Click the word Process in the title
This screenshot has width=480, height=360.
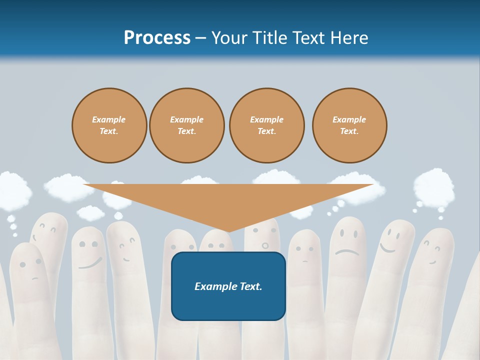[x=157, y=38]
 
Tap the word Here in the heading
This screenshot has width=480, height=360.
[x=348, y=38]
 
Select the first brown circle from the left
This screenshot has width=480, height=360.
[x=109, y=125]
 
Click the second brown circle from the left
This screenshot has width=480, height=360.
[x=187, y=125]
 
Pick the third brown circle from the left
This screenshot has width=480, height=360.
[x=266, y=125]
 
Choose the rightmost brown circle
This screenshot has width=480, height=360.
[x=349, y=125]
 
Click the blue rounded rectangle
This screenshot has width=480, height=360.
[x=228, y=286]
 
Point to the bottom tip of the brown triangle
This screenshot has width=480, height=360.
[x=228, y=231]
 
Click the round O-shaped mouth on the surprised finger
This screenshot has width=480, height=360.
[x=265, y=245]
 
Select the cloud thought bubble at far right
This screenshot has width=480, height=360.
[x=433, y=186]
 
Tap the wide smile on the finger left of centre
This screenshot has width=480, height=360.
[x=90, y=263]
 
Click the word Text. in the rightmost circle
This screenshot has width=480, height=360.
[x=349, y=131]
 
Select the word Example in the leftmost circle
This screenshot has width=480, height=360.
[x=109, y=119]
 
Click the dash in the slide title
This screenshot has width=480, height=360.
[x=201, y=38]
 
